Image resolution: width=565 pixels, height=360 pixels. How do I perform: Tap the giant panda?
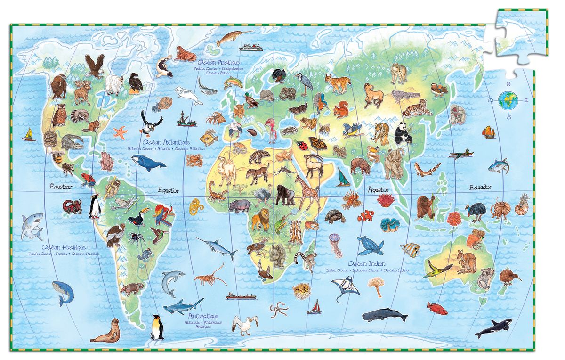click(402, 133)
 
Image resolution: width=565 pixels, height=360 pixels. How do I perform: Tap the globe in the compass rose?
click(508, 100)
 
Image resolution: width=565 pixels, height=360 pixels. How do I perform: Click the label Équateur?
click(61, 188)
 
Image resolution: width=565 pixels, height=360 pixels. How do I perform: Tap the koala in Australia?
click(485, 278)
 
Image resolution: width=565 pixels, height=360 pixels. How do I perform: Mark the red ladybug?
click(301, 145)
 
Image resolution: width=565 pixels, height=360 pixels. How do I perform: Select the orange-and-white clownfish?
click(365, 217)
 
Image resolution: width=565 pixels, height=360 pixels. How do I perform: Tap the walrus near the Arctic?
click(185, 54)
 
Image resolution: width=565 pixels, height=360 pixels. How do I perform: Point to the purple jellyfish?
click(335, 244)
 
